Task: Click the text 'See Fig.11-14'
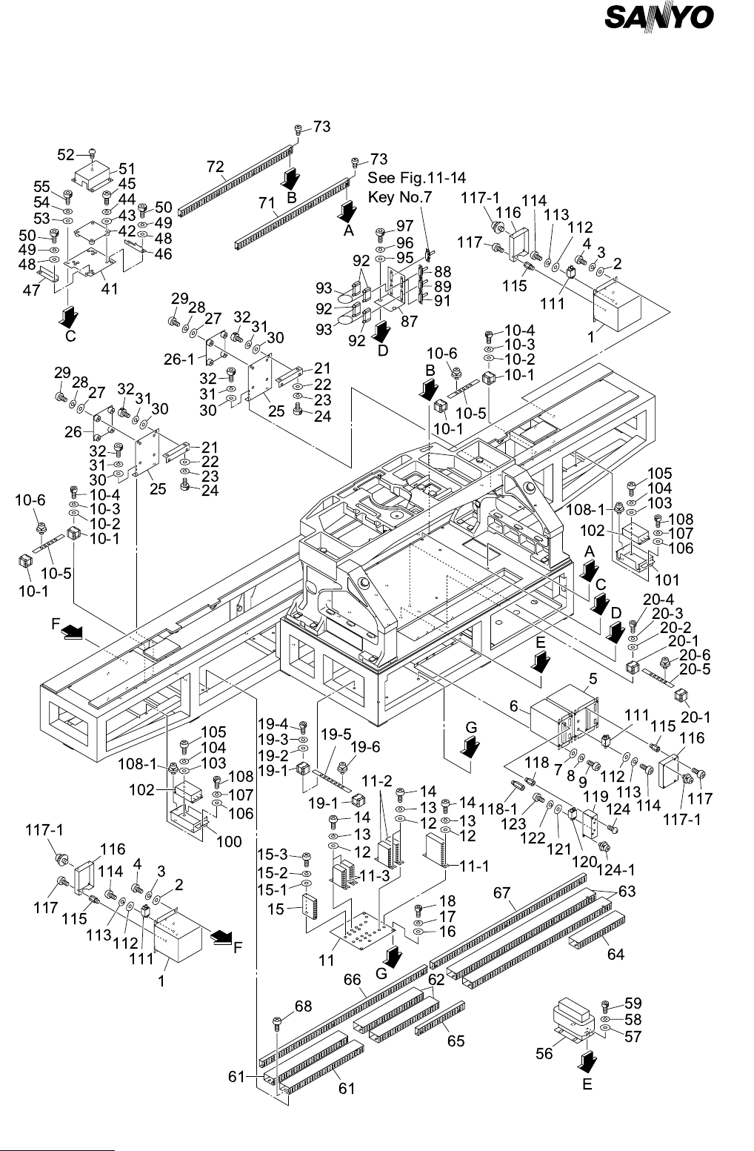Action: tap(417, 178)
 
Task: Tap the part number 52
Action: tap(66, 154)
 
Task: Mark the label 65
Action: tap(456, 1041)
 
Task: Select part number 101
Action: tap(667, 579)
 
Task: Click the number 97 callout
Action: tap(404, 226)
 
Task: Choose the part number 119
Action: tap(597, 797)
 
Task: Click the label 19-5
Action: tap(336, 734)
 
